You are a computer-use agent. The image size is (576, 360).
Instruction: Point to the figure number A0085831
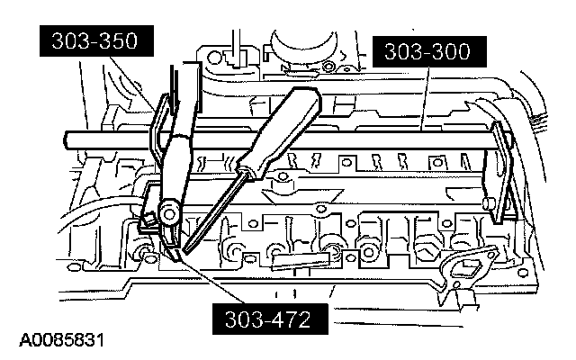[61, 342]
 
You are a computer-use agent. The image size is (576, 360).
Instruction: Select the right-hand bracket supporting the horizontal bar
[496, 180]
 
